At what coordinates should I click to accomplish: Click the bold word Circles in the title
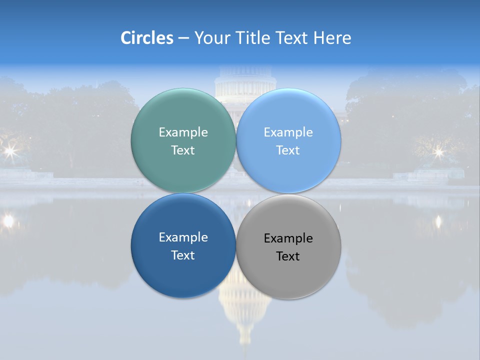147,38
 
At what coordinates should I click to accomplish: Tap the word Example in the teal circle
183,132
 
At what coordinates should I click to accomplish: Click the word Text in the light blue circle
288,150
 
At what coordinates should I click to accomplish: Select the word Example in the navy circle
183,237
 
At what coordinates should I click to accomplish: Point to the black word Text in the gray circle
288,256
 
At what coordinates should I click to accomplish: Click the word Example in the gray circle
288,238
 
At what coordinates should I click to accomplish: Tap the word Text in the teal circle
183,150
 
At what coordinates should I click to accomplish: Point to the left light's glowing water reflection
8,220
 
